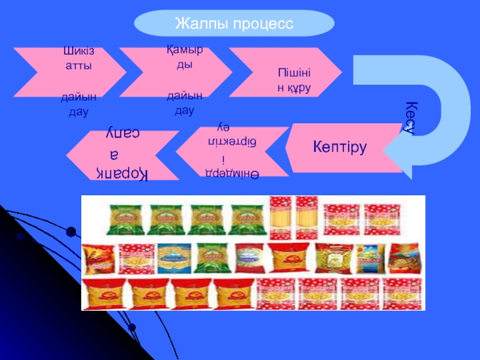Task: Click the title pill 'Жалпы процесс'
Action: tap(234, 23)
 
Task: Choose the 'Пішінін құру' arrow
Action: tap(288, 75)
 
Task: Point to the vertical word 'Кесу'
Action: tap(410, 118)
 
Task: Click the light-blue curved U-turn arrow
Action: tap(420, 108)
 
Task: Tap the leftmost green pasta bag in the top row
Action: tap(125, 219)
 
